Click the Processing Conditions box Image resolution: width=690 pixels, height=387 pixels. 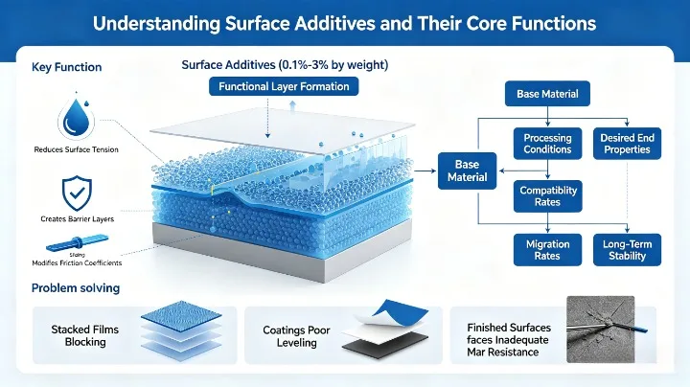547,144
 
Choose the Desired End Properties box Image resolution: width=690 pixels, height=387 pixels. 626,144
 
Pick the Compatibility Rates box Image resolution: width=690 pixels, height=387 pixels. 547,196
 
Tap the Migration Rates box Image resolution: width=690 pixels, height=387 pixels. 547,250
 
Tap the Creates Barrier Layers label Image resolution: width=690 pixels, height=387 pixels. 77,219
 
